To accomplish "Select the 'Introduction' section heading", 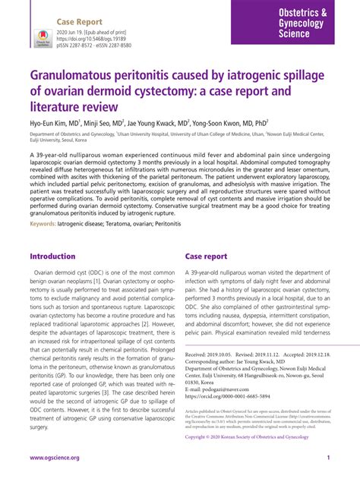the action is click(52, 257).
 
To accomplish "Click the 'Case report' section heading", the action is click(206, 257).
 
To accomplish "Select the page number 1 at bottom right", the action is click(327, 459).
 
